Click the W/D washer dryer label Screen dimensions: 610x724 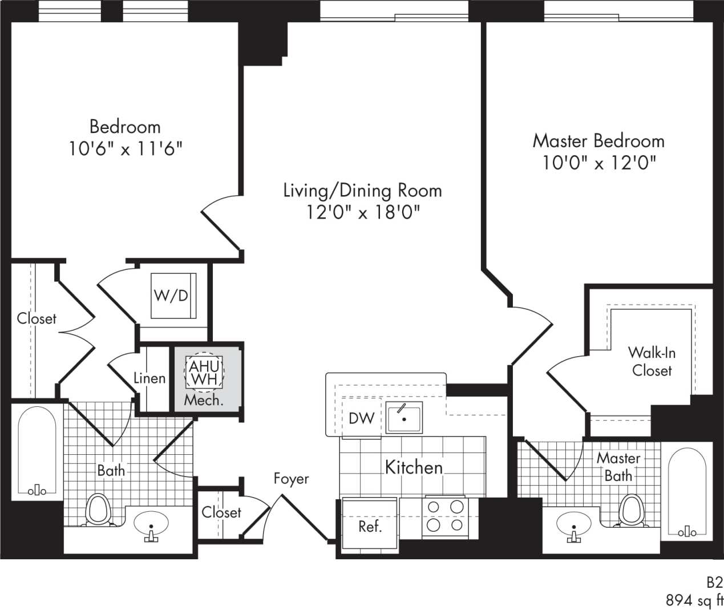171,296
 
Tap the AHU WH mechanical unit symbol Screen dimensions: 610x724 204,372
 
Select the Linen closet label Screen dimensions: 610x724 149,378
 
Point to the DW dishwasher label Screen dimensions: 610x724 361,418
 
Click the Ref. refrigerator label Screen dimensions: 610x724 370,526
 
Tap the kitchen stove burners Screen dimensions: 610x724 445,516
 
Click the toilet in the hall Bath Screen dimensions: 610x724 98,509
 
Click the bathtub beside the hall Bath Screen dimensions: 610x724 37,451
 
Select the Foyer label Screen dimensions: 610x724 291,478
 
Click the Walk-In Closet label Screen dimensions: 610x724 652,361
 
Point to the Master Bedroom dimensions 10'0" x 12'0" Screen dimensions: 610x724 598,163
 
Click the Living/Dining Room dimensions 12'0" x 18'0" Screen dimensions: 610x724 363,213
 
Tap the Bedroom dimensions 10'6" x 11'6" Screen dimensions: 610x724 126,149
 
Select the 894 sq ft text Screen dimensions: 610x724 694,600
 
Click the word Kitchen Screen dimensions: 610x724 414,467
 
